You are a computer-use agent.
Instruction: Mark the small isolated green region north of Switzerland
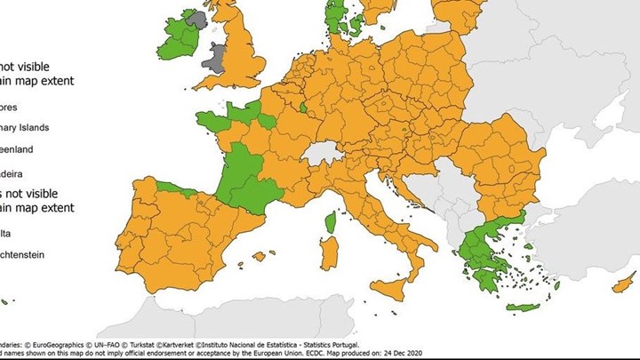pyautogui.click(x=306, y=109)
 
